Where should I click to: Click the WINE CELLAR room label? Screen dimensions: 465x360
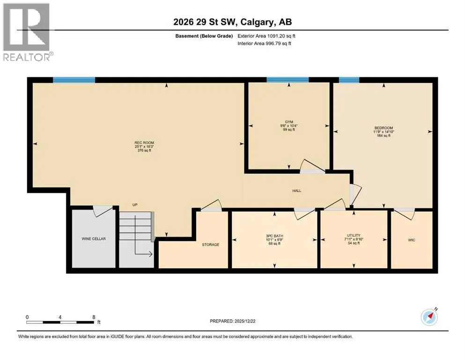(94, 239)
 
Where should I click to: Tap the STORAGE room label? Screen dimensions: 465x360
(211, 245)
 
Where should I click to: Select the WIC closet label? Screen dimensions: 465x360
(412, 240)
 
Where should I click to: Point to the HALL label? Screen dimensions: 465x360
(296, 191)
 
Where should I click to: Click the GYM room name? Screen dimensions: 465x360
(289, 122)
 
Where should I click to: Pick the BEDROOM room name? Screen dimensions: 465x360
(384, 128)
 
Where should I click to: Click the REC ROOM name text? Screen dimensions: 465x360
(144, 143)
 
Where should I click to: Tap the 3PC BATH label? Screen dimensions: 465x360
(274, 236)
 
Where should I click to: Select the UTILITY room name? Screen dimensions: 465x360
(354, 235)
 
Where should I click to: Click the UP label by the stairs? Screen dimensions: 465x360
(135, 205)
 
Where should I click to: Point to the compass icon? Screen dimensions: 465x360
(429, 317)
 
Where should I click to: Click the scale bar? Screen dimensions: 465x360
(60, 322)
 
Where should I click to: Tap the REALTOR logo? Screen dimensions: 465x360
(27, 32)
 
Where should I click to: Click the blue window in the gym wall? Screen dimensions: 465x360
(288, 80)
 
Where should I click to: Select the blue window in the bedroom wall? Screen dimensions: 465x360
(349, 80)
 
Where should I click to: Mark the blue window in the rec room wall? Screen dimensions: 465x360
(74, 80)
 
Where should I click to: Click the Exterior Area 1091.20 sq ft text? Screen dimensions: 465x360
(266, 36)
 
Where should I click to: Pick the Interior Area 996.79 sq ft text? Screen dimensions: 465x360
(264, 43)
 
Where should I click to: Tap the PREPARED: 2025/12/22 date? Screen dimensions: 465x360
(232, 321)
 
